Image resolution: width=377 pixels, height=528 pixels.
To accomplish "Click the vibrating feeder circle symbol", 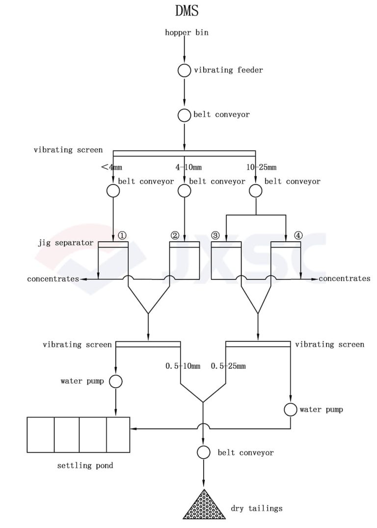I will pyautogui.click(x=184, y=70).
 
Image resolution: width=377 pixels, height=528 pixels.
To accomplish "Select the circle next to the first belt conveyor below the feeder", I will pyautogui.click(x=184, y=115).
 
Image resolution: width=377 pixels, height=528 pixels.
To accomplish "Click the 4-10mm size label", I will pyautogui.click(x=188, y=167).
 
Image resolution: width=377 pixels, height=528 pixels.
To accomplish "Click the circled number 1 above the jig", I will pyautogui.click(x=122, y=235).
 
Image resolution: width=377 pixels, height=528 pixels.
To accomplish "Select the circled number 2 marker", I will pyautogui.click(x=175, y=235).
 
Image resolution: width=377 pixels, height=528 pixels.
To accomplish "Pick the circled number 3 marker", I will pyautogui.click(x=215, y=235).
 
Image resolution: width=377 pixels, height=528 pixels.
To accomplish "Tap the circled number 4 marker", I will pyautogui.click(x=298, y=235).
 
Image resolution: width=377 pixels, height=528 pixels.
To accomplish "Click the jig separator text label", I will pyautogui.click(x=65, y=243).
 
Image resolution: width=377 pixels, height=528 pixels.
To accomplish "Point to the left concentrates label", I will pyautogui.click(x=53, y=279).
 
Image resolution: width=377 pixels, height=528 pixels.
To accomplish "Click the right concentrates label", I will pyautogui.click(x=345, y=279).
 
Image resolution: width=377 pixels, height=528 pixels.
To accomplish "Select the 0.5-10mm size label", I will pyautogui.click(x=183, y=366).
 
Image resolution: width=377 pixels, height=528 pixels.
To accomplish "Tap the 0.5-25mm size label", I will pyautogui.click(x=228, y=366).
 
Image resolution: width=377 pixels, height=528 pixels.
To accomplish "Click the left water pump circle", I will pyautogui.click(x=115, y=381).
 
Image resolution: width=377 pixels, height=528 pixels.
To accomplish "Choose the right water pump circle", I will pyautogui.click(x=290, y=409).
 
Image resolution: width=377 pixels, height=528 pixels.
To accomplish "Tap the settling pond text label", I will pyautogui.click(x=85, y=465).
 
